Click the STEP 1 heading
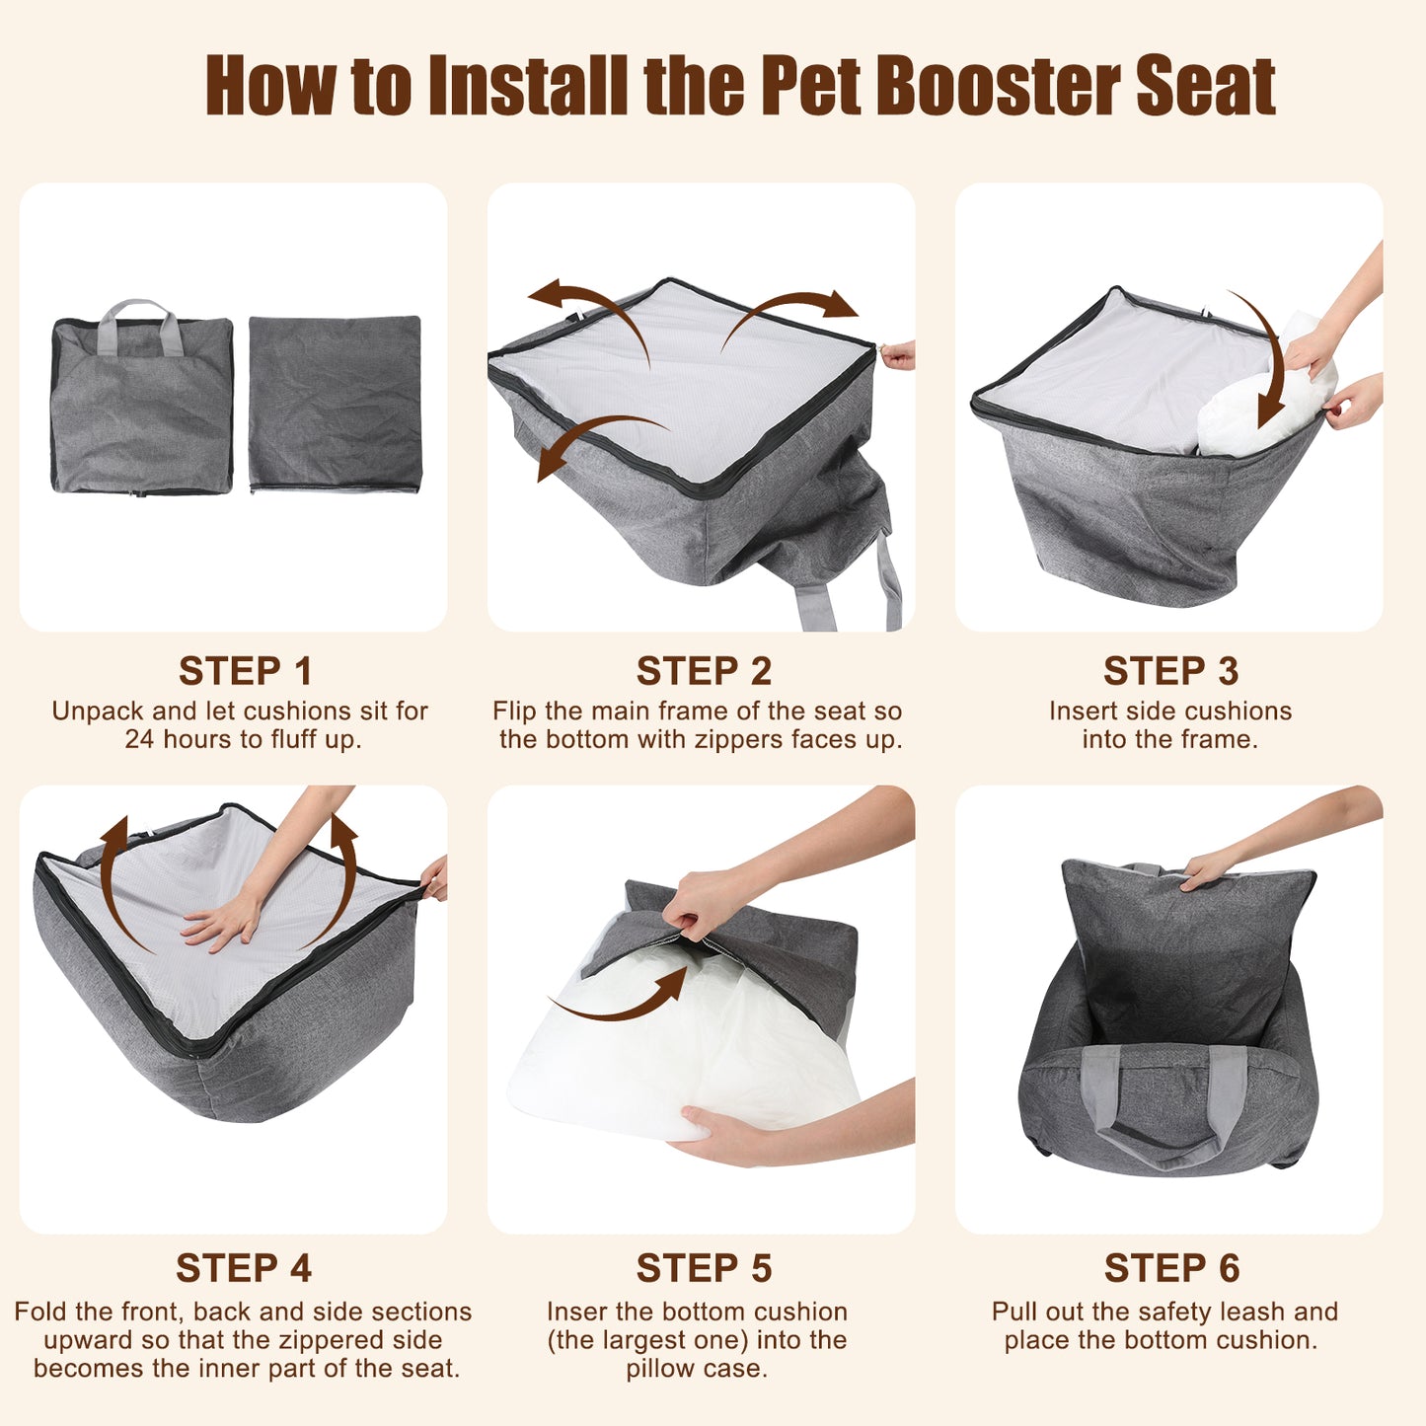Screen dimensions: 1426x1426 click(245, 671)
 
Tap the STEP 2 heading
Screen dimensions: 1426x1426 click(704, 671)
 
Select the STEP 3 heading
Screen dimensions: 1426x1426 click(1170, 671)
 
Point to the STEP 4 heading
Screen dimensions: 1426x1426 click(244, 1268)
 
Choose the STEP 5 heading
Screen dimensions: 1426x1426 click(704, 1268)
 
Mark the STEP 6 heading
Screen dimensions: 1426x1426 click(1171, 1268)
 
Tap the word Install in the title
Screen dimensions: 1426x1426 click(528, 86)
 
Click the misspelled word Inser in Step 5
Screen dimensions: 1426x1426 click(578, 1312)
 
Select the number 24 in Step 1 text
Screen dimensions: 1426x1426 click(140, 738)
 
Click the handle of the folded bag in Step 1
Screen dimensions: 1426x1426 click(139, 324)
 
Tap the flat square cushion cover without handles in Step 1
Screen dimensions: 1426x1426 click(336, 404)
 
